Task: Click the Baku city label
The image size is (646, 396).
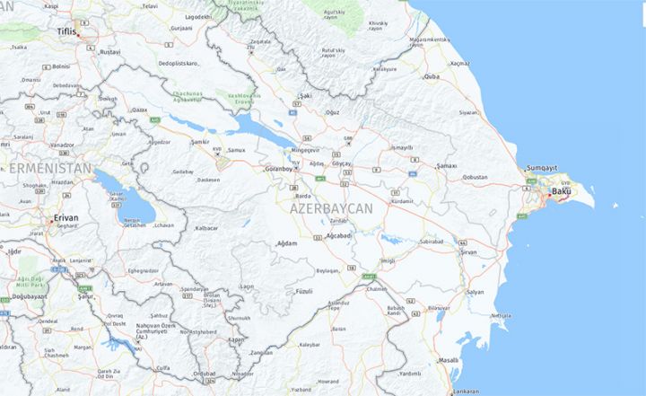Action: (x=561, y=191)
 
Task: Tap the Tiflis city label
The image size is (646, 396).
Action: (x=66, y=31)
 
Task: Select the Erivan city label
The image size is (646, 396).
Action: (x=65, y=217)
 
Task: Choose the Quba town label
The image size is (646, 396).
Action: (x=432, y=76)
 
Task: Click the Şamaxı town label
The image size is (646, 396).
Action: (x=446, y=166)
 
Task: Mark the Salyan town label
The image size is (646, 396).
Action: (x=475, y=292)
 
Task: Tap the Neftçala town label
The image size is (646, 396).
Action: (x=501, y=316)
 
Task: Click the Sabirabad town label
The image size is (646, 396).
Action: (x=432, y=242)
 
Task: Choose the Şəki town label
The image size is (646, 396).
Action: (x=305, y=94)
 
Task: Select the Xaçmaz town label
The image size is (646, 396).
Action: (x=460, y=64)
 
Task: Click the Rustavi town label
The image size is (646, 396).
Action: (x=109, y=52)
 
